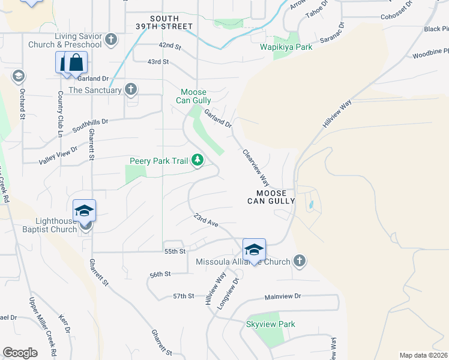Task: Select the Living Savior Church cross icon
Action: pos(110,40)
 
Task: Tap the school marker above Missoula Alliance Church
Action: pos(254,250)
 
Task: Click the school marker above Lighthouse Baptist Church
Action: pos(84,211)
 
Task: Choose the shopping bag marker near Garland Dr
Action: pos(76,62)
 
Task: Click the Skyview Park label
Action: pos(271,325)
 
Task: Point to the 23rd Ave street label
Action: pos(205,220)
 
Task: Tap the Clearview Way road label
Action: pos(255,167)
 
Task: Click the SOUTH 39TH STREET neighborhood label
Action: pos(163,22)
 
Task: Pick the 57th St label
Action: pos(184,296)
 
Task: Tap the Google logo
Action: pos(20,353)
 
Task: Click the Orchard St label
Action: pos(22,105)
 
